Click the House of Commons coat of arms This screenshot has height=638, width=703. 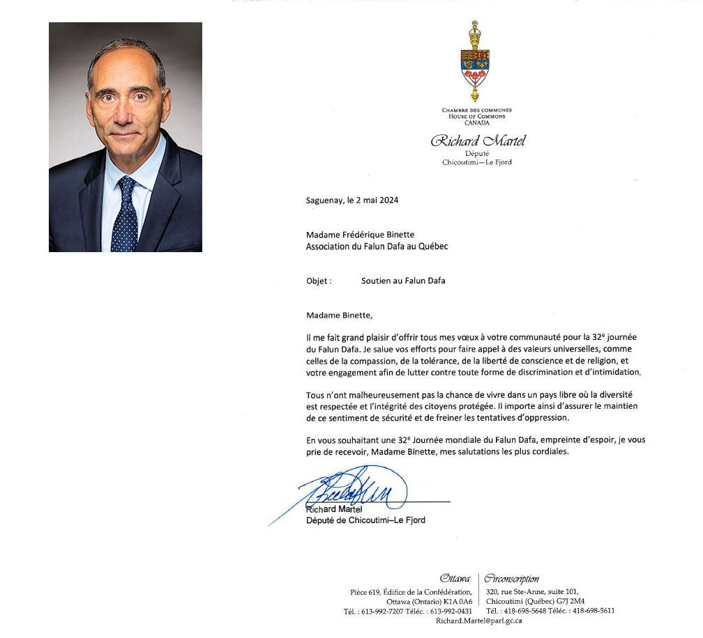pos(476,61)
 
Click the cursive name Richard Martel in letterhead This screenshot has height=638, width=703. pos(478,141)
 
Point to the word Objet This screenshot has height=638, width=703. pos(319,281)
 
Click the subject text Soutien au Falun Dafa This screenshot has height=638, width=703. pos(403,281)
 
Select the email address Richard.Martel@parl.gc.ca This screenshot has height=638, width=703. pos(479,620)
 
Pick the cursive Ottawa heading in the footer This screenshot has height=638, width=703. pos(455,579)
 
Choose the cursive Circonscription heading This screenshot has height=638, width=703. pos(511,579)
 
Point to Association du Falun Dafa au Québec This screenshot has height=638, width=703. pos(377,246)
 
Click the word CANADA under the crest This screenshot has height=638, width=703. pos(477,123)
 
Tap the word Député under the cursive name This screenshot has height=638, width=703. pos(476,153)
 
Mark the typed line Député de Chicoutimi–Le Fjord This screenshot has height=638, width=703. pos(366,520)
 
